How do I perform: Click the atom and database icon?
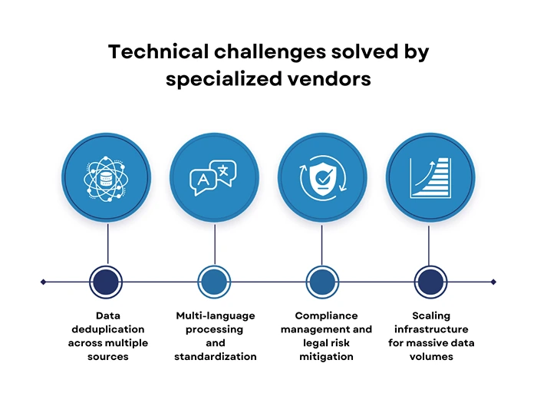click(x=107, y=178)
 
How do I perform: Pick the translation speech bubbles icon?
click(x=215, y=178)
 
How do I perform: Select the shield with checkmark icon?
click(x=322, y=178)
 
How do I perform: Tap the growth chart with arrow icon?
click(x=430, y=178)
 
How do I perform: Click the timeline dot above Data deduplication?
click(x=107, y=282)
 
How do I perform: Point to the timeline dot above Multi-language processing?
click(x=215, y=282)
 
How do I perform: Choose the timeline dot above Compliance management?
click(x=322, y=282)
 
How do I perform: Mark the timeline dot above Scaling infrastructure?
click(x=430, y=282)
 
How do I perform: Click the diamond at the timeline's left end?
click(x=43, y=282)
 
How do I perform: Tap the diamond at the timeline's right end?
click(x=493, y=282)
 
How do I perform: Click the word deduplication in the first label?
click(x=107, y=329)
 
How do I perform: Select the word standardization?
click(x=215, y=356)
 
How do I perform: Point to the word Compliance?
click(x=326, y=315)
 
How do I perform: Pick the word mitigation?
click(x=326, y=356)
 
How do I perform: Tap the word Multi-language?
click(x=215, y=315)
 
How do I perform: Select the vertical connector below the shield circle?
click(x=322, y=243)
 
